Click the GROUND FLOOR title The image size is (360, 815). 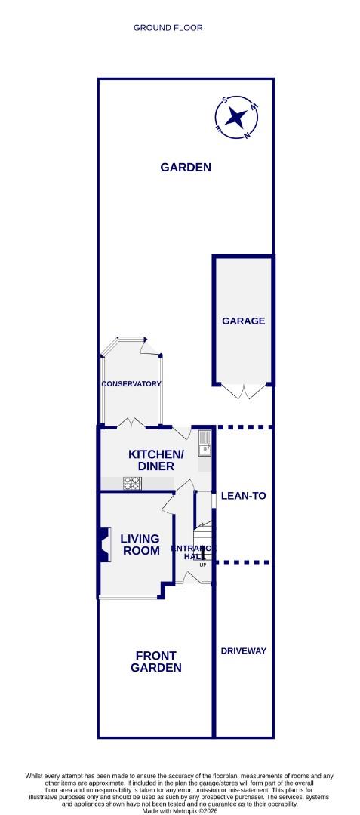pos(168,28)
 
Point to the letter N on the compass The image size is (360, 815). pos(246,136)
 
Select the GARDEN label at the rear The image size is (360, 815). pos(186,168)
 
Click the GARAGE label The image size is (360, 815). pos(243,321)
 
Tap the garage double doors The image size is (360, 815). pos(243,390)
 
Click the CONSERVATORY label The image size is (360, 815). pos(132,383)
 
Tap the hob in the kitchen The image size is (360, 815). pos(132,484)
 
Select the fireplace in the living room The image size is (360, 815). pos(100,544)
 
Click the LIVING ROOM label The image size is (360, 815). pos(140,545)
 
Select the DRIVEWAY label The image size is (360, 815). pos(243,650)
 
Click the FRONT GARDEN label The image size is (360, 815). pos(156,662)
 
